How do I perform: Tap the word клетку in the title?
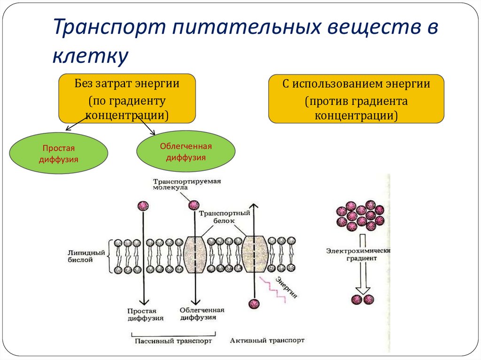[90, 56]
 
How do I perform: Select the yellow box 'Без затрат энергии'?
[127, 99]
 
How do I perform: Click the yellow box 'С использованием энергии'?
[356, 99]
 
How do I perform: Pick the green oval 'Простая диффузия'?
[59, 153]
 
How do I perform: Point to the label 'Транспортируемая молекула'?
[187, 184]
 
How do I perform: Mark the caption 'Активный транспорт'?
[267, 340]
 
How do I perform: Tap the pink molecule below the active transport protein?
[254, 304]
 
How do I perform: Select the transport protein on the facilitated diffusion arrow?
[194, 255]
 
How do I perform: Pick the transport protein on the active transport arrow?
[254, 255]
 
